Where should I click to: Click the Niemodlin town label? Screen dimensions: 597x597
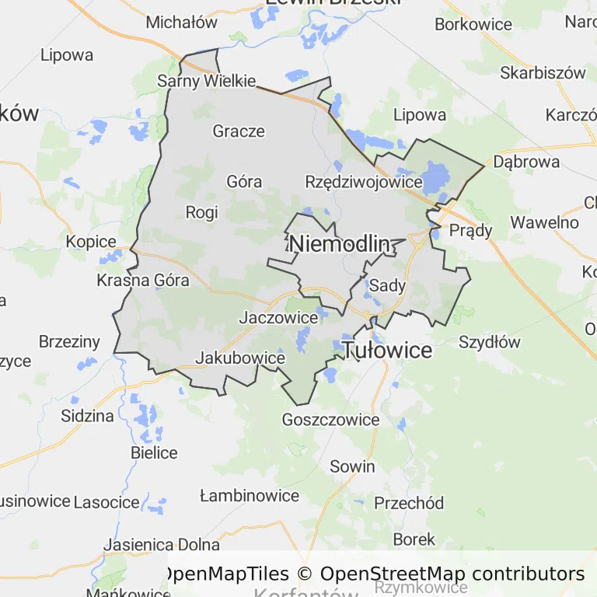coord(339,244)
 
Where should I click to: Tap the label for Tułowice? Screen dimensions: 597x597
coord(387,351)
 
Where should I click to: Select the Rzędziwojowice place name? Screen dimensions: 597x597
coord(364,182)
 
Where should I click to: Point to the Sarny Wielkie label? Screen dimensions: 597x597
coord(206,81)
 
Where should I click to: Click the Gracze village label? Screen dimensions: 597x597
coord(239,131)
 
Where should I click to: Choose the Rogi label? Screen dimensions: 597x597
coord(202,212)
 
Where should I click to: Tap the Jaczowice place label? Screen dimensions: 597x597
coord(278,317)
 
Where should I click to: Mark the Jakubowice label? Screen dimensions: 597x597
coord(240,358)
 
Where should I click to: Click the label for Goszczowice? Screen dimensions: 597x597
coord(331,420)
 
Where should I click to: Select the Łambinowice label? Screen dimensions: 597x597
coord(250,496)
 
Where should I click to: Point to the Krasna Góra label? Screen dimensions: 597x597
coord(143,281)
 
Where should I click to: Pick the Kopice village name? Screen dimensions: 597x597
coord(91,242)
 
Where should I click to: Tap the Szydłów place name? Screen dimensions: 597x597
coord(490,342)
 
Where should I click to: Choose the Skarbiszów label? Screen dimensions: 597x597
coord(543,73)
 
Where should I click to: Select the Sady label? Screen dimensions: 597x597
coord(387,285)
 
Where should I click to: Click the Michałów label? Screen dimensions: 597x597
coord(182,23)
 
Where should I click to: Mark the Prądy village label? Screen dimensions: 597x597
coord(471,231)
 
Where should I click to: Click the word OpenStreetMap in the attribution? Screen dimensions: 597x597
coord(393,574)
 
